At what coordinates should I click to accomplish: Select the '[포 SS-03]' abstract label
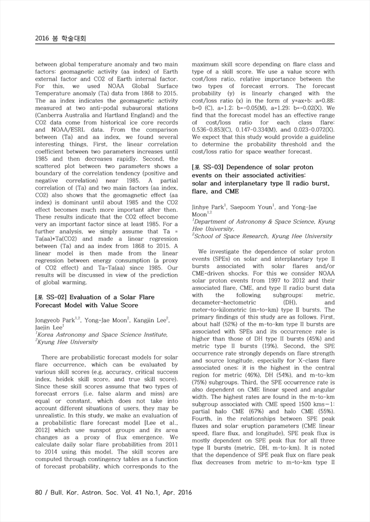210,167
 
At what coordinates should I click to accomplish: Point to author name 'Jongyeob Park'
56,320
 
